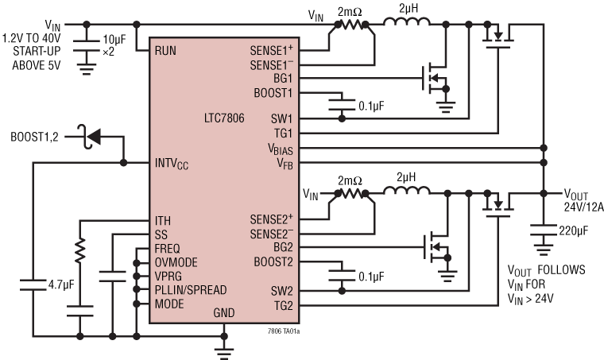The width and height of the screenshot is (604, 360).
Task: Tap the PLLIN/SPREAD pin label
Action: tap(191, 289)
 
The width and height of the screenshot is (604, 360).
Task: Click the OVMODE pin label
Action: tap(176, 261)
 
